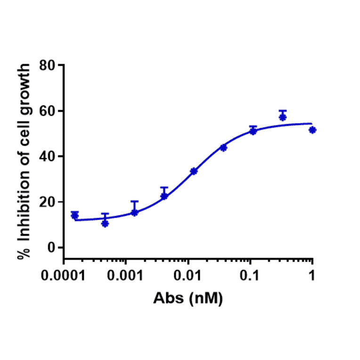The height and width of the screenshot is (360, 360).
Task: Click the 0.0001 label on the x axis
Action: click(64, 275)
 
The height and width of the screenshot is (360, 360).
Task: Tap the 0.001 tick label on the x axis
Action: click(125, 275)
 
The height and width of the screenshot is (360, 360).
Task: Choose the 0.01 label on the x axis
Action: click(188, 275)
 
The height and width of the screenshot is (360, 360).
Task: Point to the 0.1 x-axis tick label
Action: click(250, 275)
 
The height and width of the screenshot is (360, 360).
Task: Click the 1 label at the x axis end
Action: click(312, 275)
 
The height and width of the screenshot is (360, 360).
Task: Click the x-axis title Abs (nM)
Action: click(188, 298)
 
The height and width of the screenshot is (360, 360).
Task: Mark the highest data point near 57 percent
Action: click(283, 117)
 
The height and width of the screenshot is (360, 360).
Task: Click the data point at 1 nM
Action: click(312, 130)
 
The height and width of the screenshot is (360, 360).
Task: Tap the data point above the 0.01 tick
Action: click(194, 171)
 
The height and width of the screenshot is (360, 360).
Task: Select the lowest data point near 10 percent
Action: click(105, 223)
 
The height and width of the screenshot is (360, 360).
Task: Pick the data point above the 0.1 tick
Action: click(253, 131)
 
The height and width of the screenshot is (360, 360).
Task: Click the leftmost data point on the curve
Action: click(74, 215)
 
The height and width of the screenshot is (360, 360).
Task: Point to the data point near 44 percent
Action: click(223, 147)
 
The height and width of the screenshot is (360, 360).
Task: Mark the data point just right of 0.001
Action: click(134, 213)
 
